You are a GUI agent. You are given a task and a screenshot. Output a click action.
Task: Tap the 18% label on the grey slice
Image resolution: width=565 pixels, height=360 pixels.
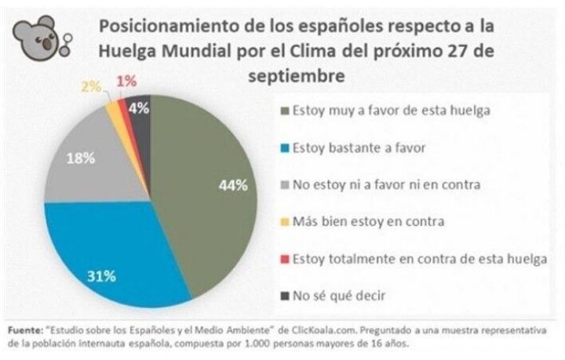tap(82, 158)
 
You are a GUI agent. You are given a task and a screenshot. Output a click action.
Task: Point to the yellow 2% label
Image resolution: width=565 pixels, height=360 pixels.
tap(91, 86)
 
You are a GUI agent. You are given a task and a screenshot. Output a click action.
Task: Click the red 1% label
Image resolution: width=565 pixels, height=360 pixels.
tap(124, 81)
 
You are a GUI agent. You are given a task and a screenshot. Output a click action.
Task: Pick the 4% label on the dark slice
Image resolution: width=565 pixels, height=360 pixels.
tap(139, 109)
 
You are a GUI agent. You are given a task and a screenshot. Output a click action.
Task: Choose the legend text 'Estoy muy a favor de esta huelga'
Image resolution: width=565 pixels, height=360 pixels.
tap(392, 111)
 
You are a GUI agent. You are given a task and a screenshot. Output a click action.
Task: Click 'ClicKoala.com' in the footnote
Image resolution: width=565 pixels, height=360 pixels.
tap(327, 331)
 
